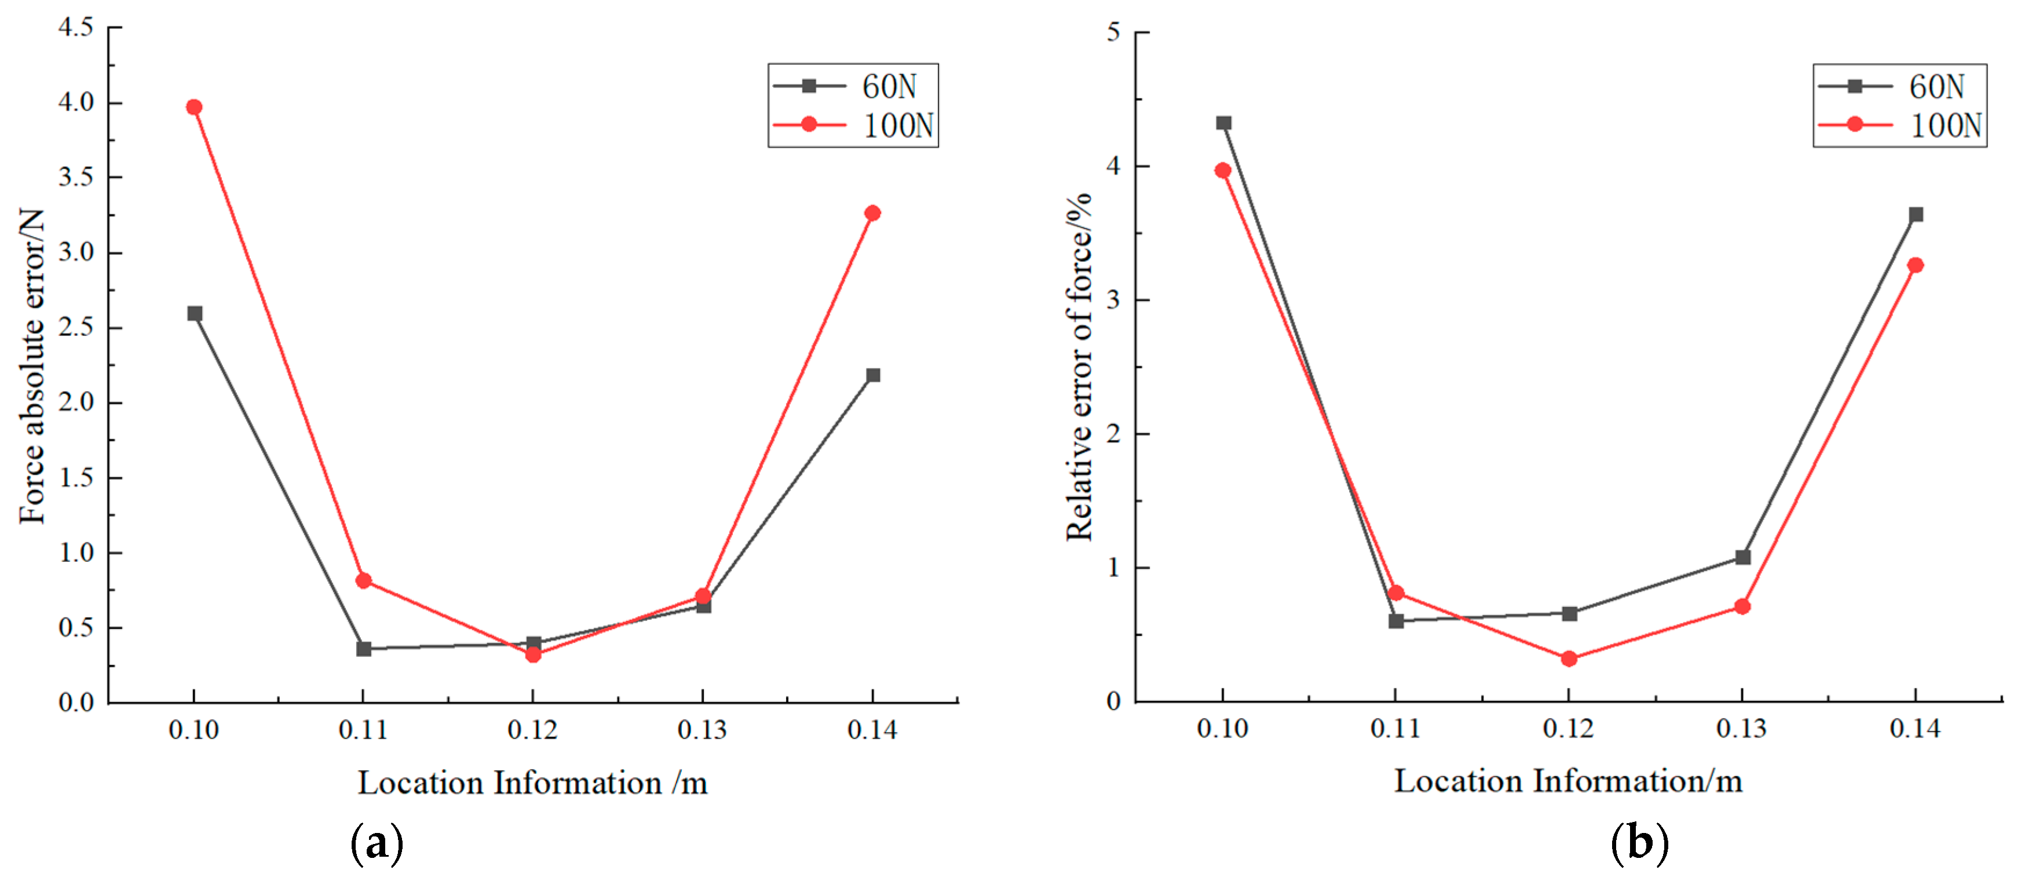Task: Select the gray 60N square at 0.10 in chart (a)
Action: (195, 313)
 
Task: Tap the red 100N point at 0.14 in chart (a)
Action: (872, 213)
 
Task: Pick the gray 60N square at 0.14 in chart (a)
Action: (873, 375)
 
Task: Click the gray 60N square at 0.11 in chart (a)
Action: (364, 649)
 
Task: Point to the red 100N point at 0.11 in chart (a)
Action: (364, 581)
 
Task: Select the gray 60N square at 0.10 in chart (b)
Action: (1223, 123)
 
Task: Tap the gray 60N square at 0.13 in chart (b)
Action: (1743, 557)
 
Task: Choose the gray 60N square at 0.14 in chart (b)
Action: (1916, 215)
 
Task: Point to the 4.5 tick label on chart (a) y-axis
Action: (76, 28)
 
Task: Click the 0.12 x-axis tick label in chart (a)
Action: (533, 730)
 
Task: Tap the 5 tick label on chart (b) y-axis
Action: (1113, 32)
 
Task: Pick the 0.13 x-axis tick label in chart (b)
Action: (1741, 729)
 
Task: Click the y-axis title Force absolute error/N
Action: (31, 366)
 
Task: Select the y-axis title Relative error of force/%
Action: (1079, 366)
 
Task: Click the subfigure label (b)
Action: (1640, 843)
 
